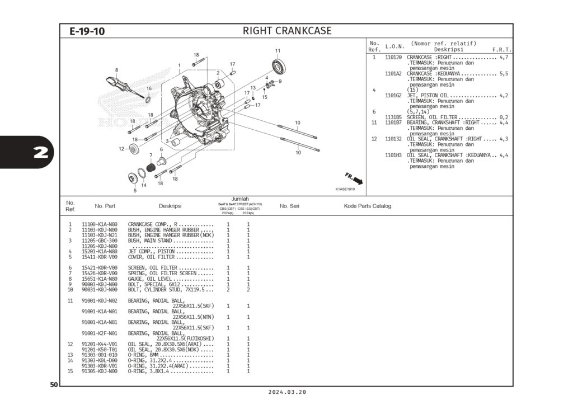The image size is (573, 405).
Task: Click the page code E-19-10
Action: [x=87, y=31]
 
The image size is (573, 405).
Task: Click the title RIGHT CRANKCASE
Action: [x=286, y=31]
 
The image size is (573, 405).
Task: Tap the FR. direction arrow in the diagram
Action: [x=354, y=178]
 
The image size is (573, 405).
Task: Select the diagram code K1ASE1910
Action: [x=345, y=189]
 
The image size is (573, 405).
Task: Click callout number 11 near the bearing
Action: [x=278, y=51]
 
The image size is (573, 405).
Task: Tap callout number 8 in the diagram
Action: [x=116, y=70]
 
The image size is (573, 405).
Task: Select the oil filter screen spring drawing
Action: [x=150, y=167]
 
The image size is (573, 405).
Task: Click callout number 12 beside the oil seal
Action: [x=121, y=149]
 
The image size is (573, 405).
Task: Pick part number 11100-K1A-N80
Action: [x=100, y=224]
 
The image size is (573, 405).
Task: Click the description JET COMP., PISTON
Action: [x=151, y=252]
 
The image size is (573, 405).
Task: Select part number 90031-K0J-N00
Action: [x=100, y=290]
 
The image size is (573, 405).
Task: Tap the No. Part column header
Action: [x=105, y=206]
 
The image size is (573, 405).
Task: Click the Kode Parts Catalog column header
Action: [x=367, y=206]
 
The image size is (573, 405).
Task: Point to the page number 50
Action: [x=54, y=385]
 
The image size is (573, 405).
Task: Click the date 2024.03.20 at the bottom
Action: [x=287, y=393]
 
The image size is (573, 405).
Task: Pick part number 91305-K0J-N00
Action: [x=100, y=371]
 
